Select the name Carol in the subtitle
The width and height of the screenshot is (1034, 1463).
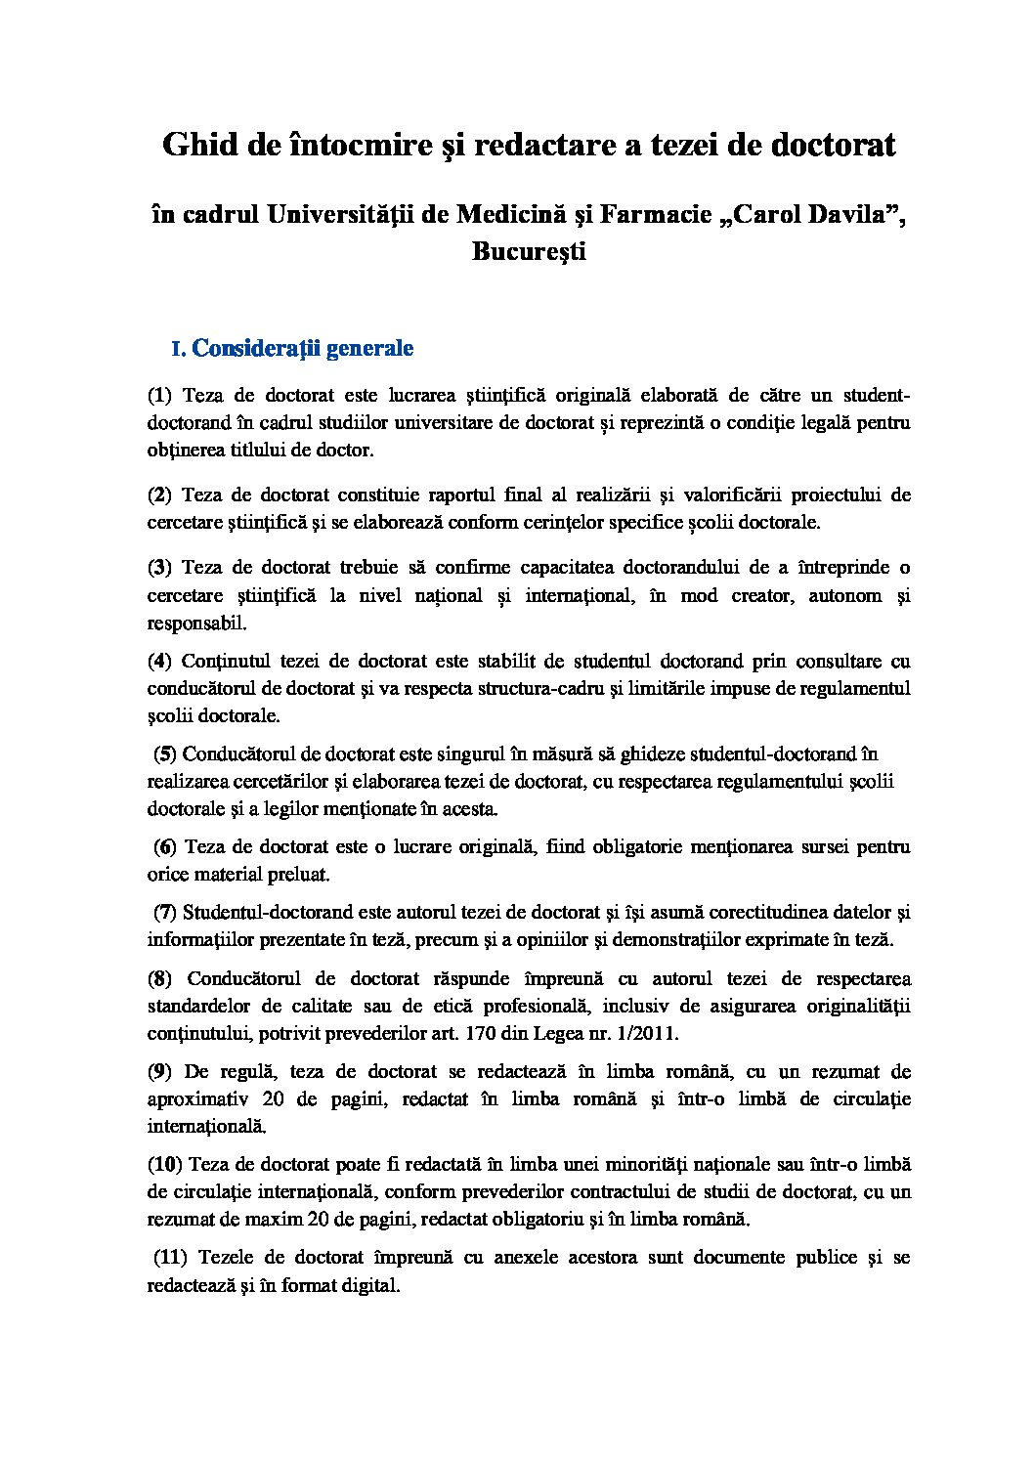(774, 215)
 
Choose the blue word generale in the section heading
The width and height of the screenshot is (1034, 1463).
(369, 348)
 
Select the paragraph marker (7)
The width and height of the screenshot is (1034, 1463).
(165, 913)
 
